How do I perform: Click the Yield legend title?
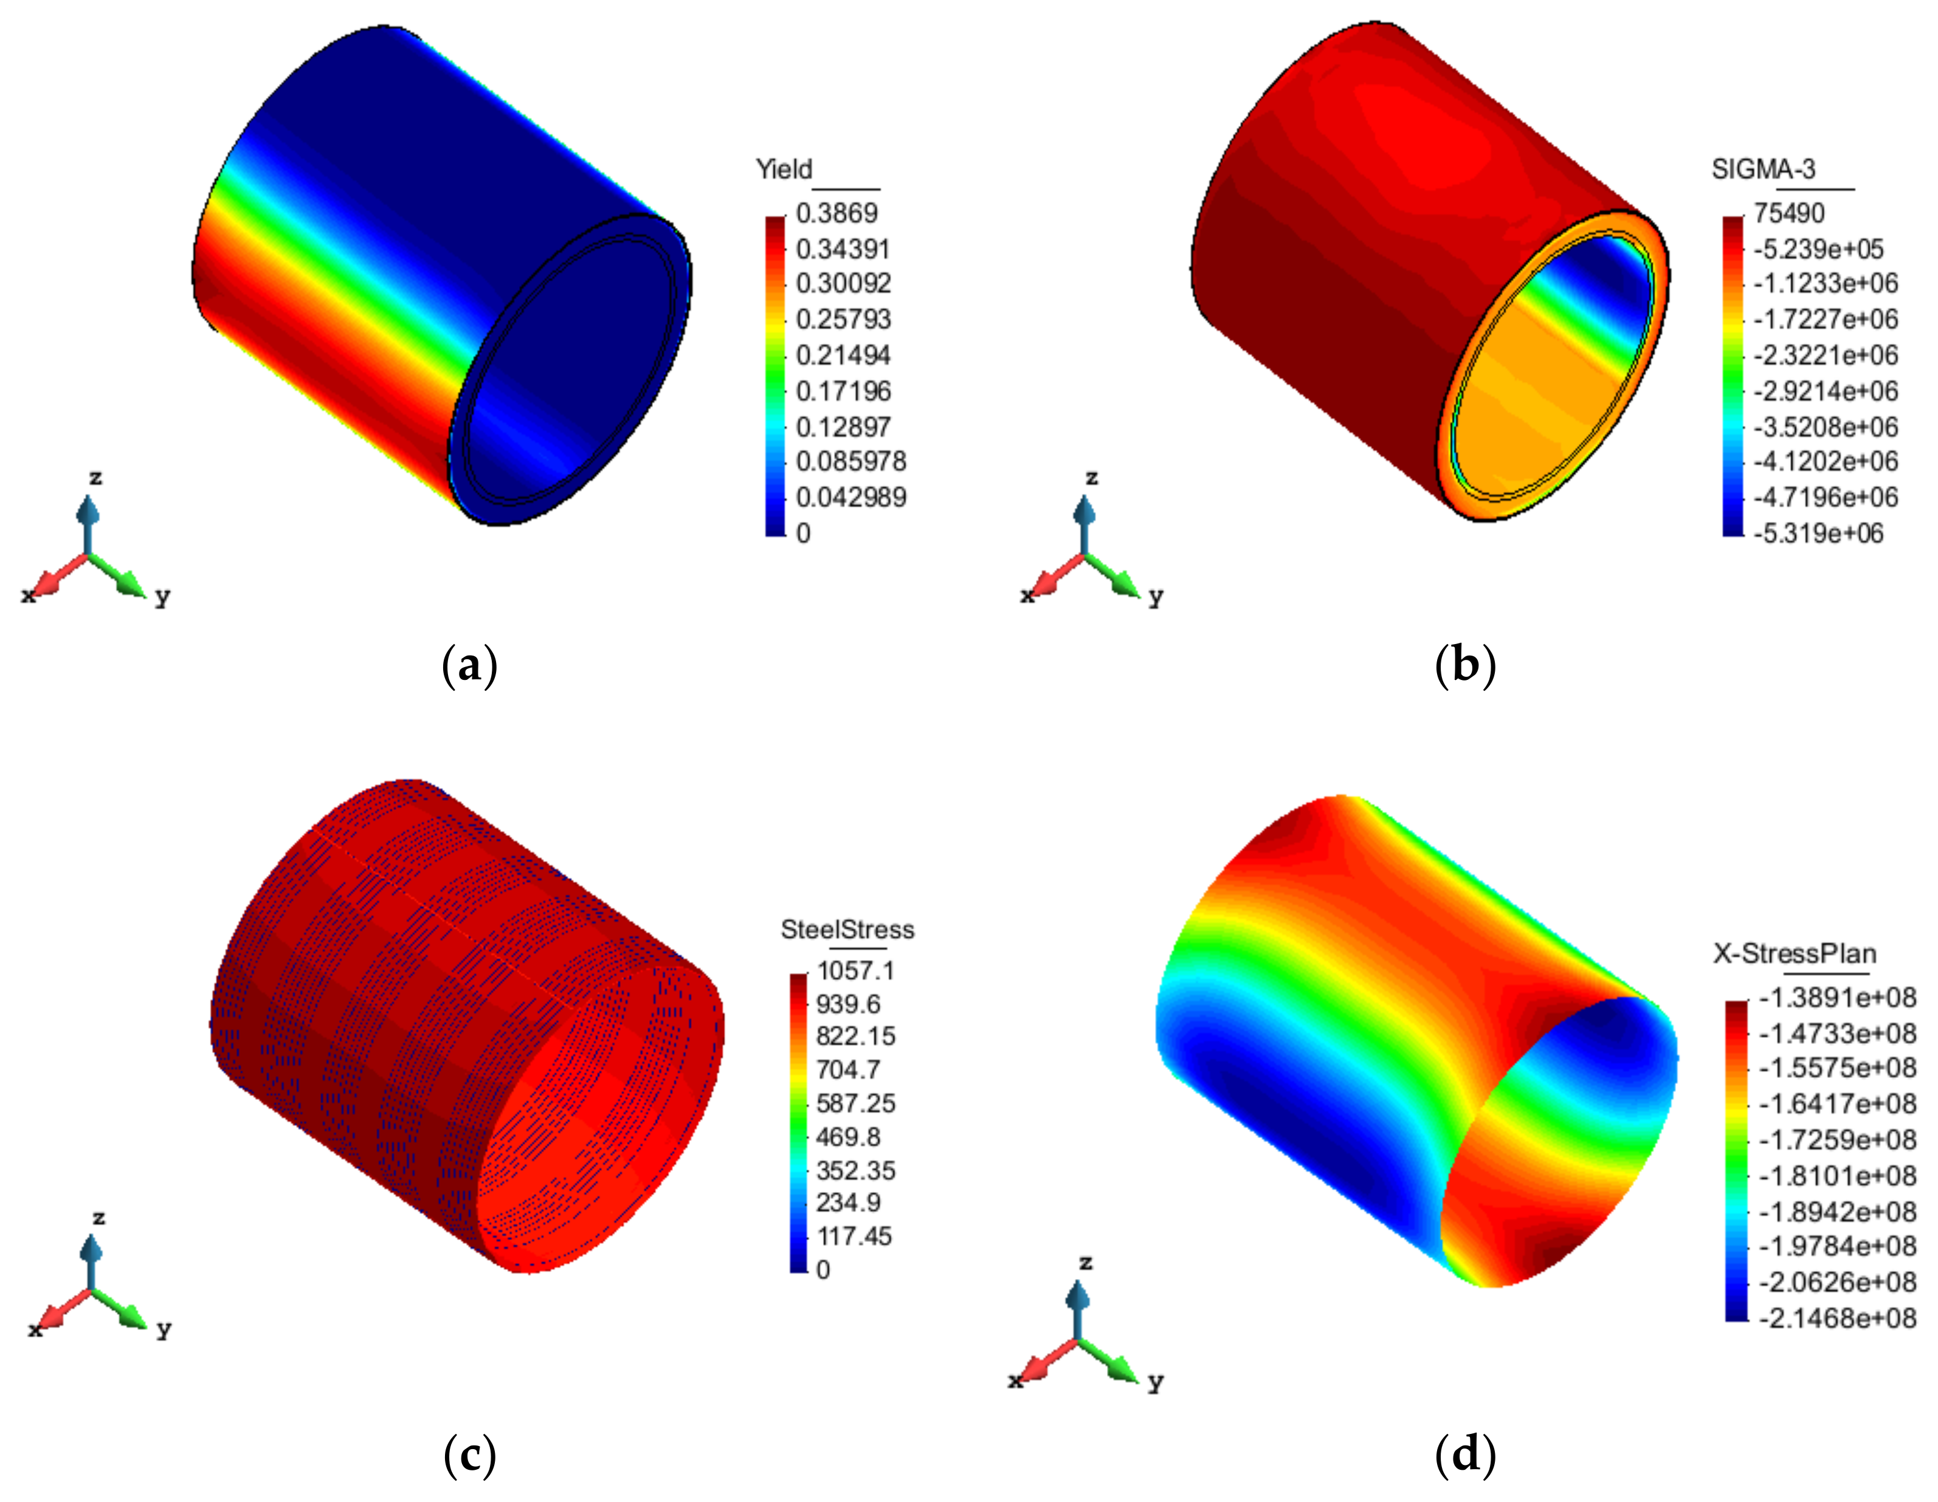tap(784, 168)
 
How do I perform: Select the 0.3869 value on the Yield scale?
tap(836, 213)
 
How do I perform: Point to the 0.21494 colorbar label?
tap(842, 355)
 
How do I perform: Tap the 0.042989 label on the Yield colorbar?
tap(850, 497)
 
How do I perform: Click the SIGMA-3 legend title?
tap(1762, 168)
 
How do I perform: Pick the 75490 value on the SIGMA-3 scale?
tap(1788, 213)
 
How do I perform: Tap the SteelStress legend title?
tap(847, 929)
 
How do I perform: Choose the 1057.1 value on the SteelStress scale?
tap(855, 970)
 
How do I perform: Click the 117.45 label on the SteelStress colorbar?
tap(853, 1236)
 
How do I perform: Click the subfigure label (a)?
tap(469, 665)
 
